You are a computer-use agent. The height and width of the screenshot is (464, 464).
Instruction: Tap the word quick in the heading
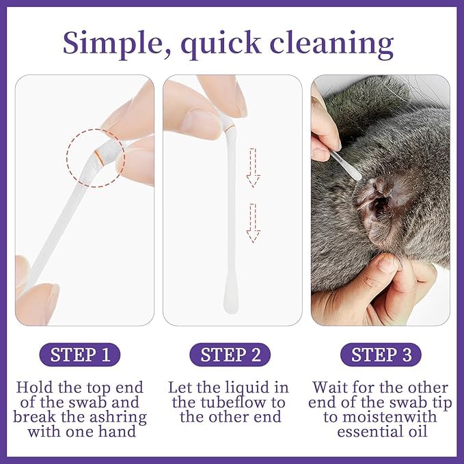point(221,45)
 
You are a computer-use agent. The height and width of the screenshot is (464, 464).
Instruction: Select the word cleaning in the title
point(331,45)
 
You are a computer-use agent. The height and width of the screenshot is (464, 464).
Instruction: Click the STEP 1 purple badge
point(80,355)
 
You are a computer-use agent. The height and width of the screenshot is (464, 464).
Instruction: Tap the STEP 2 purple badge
point(230,355)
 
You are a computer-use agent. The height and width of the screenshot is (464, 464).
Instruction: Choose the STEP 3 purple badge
point(381,355)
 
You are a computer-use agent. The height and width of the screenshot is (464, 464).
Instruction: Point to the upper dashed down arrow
point(253,167)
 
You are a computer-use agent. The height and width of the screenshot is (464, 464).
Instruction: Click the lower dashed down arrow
point(253,223)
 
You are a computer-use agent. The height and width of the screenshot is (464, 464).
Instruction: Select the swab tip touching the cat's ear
point(357,176)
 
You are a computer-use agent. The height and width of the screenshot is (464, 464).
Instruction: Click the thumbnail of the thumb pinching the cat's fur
point(387,264)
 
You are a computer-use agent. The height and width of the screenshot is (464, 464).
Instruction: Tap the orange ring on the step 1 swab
point(99,158)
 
